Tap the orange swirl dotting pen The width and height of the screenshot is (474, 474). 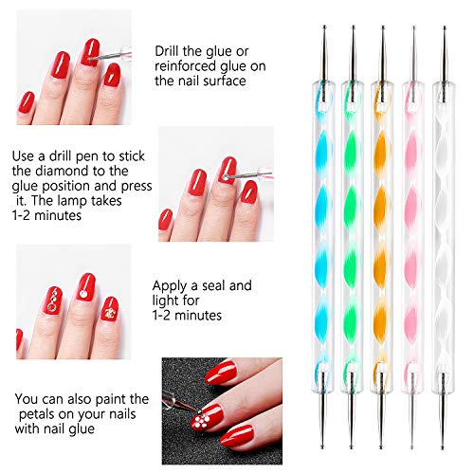click(x=383, y=237)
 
